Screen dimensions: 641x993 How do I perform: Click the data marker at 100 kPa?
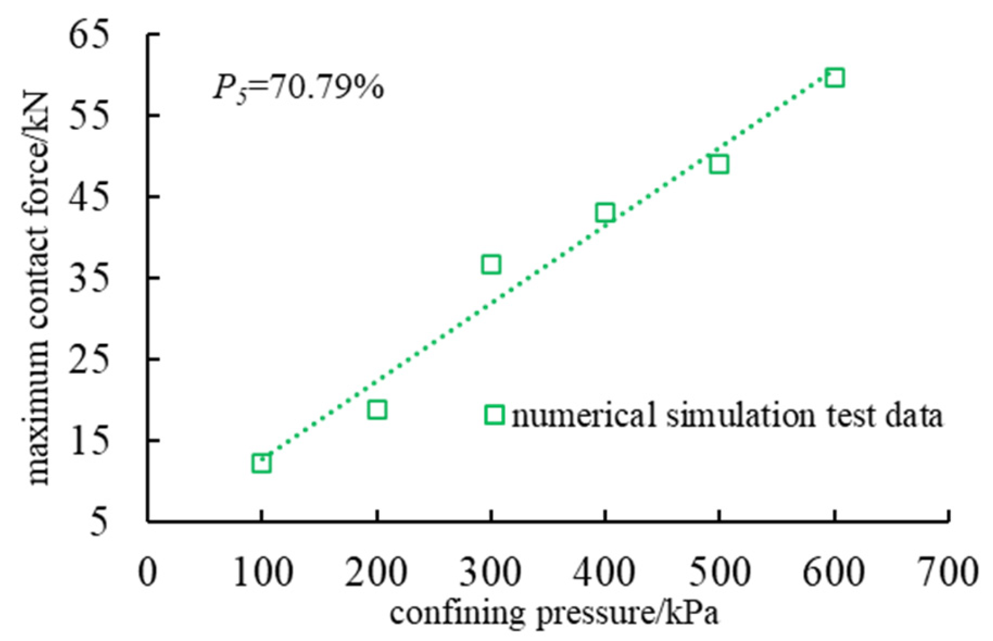pos(262,463)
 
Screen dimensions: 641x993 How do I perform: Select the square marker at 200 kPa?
pos(377,410)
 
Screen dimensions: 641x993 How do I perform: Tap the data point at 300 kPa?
pos(491,264)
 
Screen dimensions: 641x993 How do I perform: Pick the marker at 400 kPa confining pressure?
pos(605,213)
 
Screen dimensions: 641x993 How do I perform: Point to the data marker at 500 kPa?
pos(719,165)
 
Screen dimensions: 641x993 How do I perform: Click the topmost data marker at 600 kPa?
pos(835,77)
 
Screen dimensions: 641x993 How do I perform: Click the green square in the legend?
pos(494,415)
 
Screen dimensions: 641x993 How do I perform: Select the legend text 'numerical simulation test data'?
pos(727,415)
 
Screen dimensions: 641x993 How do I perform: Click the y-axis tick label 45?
pos(88,196)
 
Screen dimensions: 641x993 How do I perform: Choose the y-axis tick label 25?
pos(88,359)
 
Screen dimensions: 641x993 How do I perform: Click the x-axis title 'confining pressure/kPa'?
pos(554,613)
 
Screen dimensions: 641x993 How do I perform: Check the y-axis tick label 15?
pos(88,440)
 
